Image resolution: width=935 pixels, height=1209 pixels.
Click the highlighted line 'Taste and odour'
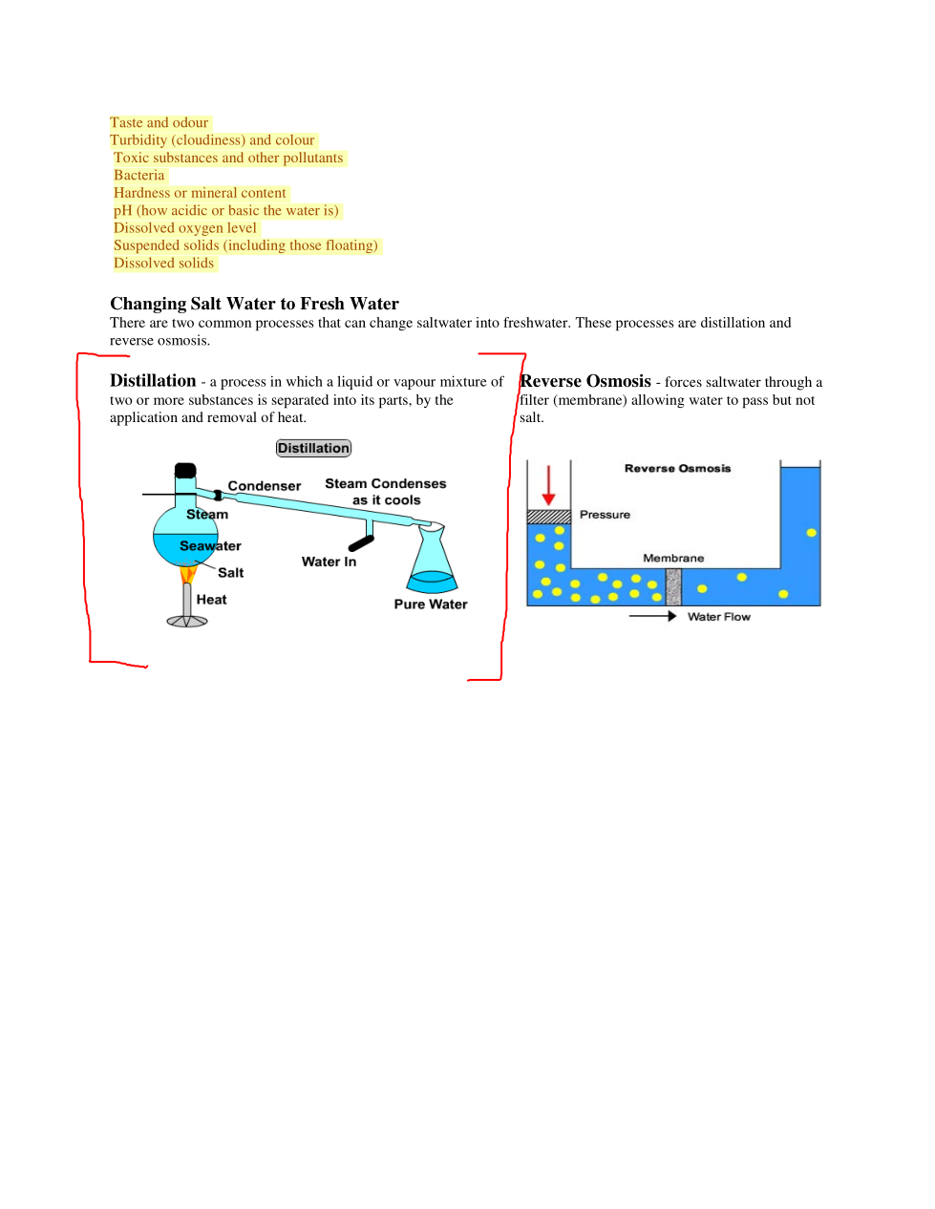[x=159, y=122]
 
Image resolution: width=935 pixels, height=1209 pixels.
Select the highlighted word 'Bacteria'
[x=139, y=176]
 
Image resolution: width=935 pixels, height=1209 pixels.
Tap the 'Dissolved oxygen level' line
[x=185, y=227]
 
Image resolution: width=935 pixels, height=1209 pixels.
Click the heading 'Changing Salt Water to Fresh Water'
[x=254, y=304]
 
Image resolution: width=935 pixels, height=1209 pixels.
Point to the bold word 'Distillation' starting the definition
[x=153, y=381]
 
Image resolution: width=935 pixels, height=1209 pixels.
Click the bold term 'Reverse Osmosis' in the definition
[x=585, y=381]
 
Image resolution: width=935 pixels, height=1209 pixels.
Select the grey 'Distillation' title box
[x=313, y=448]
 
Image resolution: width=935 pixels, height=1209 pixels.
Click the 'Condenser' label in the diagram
[x=265, y=486]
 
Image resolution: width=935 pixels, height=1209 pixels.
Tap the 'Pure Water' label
[x=431, y=604]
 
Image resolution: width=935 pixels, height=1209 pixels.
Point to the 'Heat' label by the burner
[x=211, y=599]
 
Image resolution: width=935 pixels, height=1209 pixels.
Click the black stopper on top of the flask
[x=185, y=470]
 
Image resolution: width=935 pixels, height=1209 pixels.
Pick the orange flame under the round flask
[x=187, y=573]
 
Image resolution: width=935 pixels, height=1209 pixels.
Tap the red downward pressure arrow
[x=548, y=485]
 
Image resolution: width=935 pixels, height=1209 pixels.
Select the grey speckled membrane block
[x=673, y=587]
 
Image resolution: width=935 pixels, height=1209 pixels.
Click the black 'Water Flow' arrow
[x=652, y=616]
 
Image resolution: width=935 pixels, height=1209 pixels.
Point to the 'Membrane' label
[x=673, y=558]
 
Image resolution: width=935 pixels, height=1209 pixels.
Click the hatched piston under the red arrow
[x=549, y=517]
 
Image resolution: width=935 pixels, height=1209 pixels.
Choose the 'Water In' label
[x=329, y=562]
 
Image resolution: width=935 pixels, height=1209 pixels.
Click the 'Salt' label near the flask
[x=231, y=573]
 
